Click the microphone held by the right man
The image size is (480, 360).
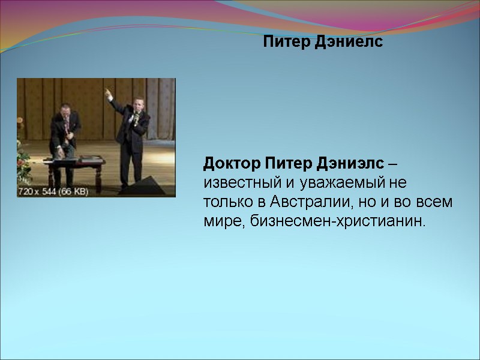pyautogui.click(x=136, y=118)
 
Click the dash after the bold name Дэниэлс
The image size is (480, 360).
pyautogui.click(x=391, y=163)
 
